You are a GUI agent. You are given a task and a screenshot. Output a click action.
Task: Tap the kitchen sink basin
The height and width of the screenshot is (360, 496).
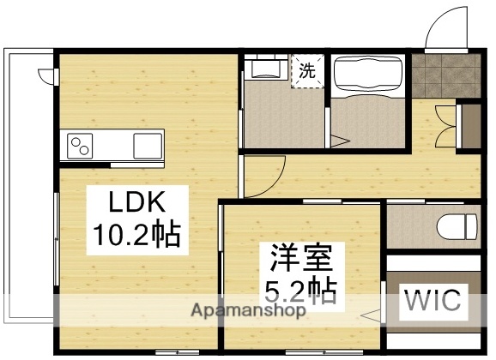click(x=147, y=146)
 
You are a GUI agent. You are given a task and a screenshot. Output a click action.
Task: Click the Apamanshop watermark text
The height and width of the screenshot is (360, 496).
click(x=249, y=311)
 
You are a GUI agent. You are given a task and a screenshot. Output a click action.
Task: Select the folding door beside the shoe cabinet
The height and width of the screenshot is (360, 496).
click(x=445, y=124)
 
